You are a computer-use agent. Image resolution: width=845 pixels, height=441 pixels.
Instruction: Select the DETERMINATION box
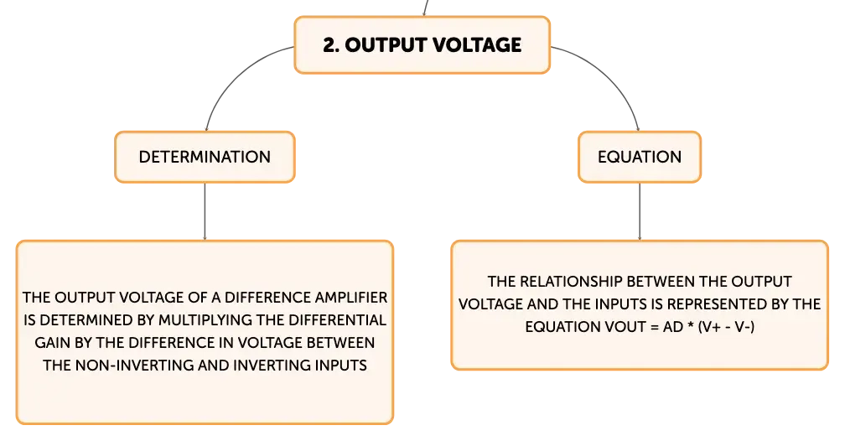point(205,157)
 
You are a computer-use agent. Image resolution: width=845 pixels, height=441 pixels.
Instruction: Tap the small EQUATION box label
point(640,157)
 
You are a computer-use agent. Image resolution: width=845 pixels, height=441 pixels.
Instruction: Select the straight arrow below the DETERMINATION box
point(205,211)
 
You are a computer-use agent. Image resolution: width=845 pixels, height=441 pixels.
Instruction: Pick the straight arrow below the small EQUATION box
point(640,211)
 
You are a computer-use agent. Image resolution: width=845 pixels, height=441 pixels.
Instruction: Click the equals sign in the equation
point(654,327)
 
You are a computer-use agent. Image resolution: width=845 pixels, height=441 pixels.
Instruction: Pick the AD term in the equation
point(673,327)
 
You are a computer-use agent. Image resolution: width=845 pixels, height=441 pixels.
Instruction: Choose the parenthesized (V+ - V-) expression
point(726,327)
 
